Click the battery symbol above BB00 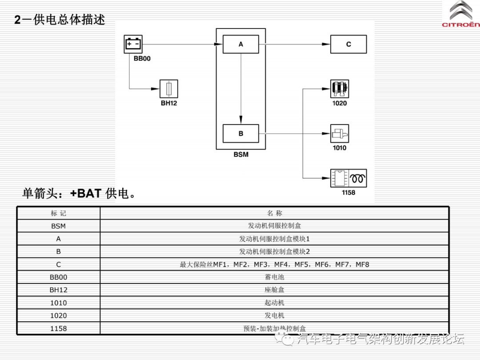pos(133,44)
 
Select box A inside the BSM pos(240,44)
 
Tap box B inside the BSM pos(240,133)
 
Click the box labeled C pos(348,44)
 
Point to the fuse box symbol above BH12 pos(169,89)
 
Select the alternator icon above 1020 pos(340,89)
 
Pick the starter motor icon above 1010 pos(340,133)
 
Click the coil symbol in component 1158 pos(358,178)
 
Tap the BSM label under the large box pos(241,155)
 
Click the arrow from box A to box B pos(241,89)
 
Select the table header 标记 pos(58,213)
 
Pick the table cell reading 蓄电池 pos(274,277)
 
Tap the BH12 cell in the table pos(58,290)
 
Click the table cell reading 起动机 pos(274,303)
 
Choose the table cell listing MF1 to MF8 pos(274,264)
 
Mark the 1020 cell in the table pos(58,316)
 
